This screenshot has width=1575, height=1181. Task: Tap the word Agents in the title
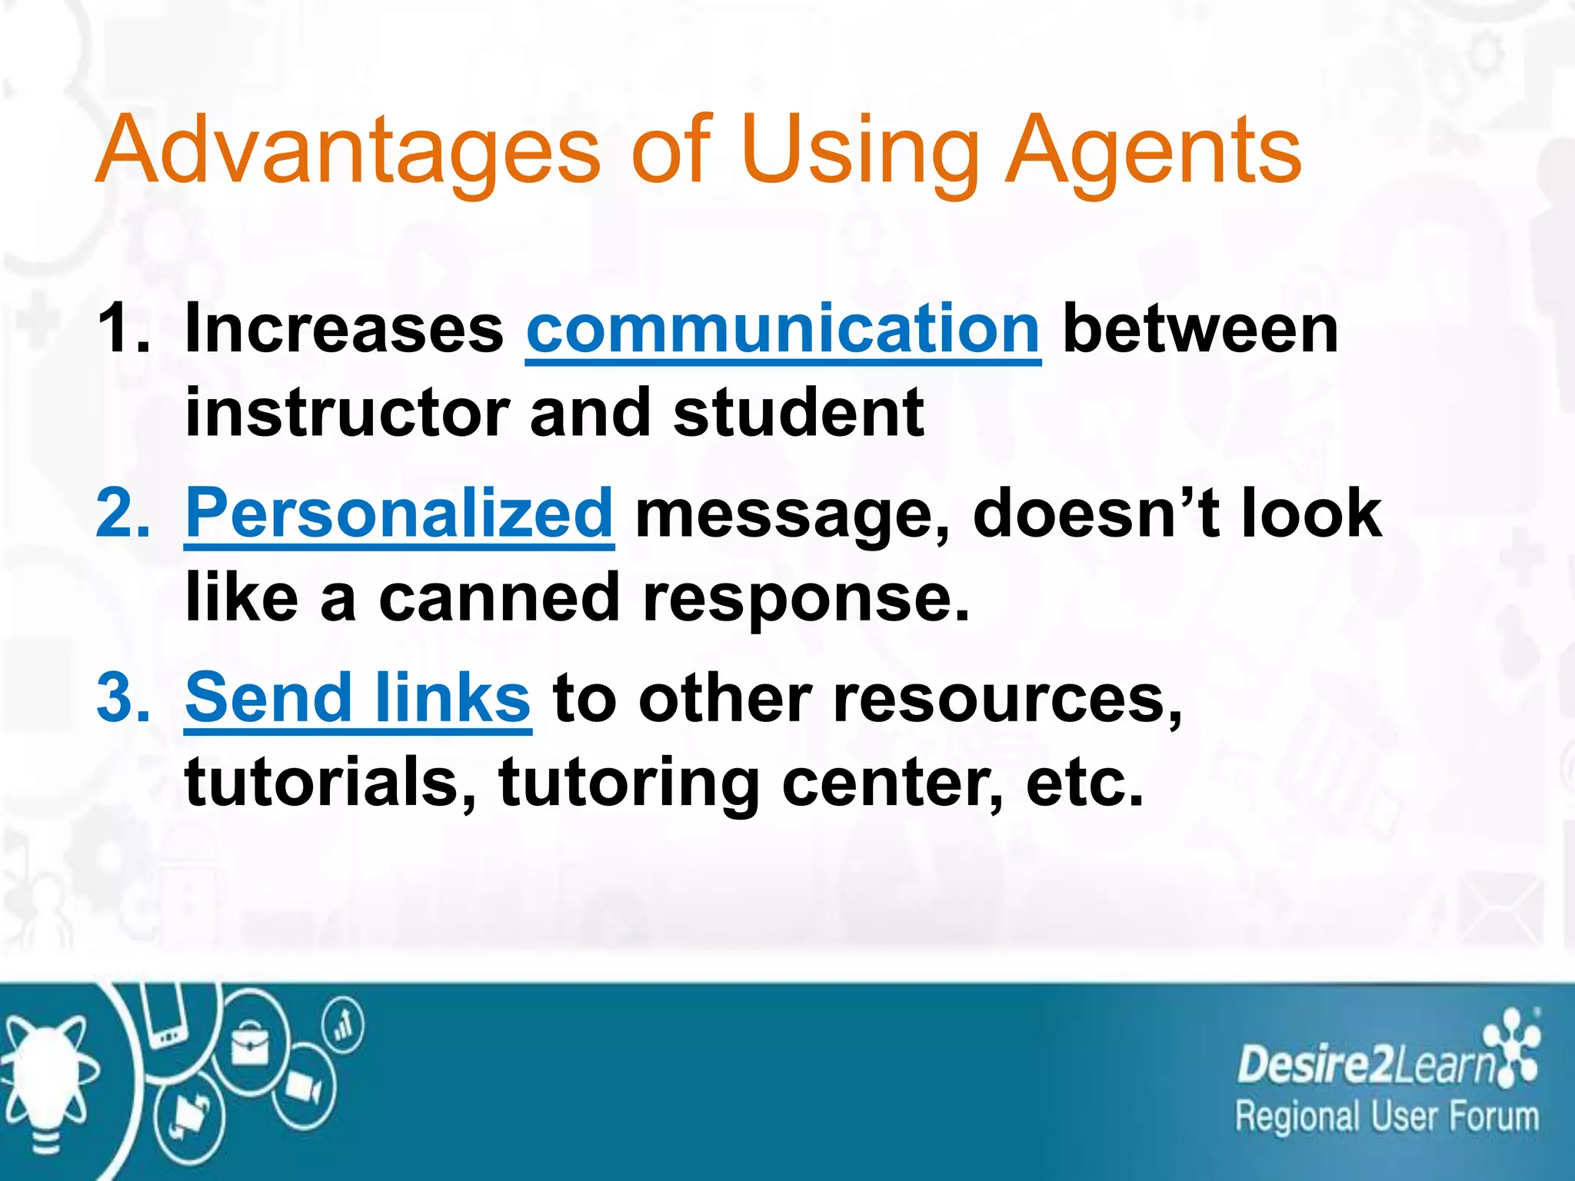click(x=1154, y=151)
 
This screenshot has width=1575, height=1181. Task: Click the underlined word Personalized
click(x=399, y=513)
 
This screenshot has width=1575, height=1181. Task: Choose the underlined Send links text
click(x=358, y=697)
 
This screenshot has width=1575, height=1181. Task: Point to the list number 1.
click(x=123, y=329)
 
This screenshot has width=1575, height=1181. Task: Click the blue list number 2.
click(x=123, y=513)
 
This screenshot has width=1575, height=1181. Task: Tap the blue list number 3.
click(x=123, y=697)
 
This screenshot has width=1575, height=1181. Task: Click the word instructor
click(x=347, y=413)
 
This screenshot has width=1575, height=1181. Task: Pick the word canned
click(x=499, y=597)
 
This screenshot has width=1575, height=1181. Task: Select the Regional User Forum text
click(x=1387, y=1116)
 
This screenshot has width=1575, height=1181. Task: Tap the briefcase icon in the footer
click(x=250, y=1046)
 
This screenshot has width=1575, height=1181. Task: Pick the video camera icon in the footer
click(x=304, y=1088)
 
